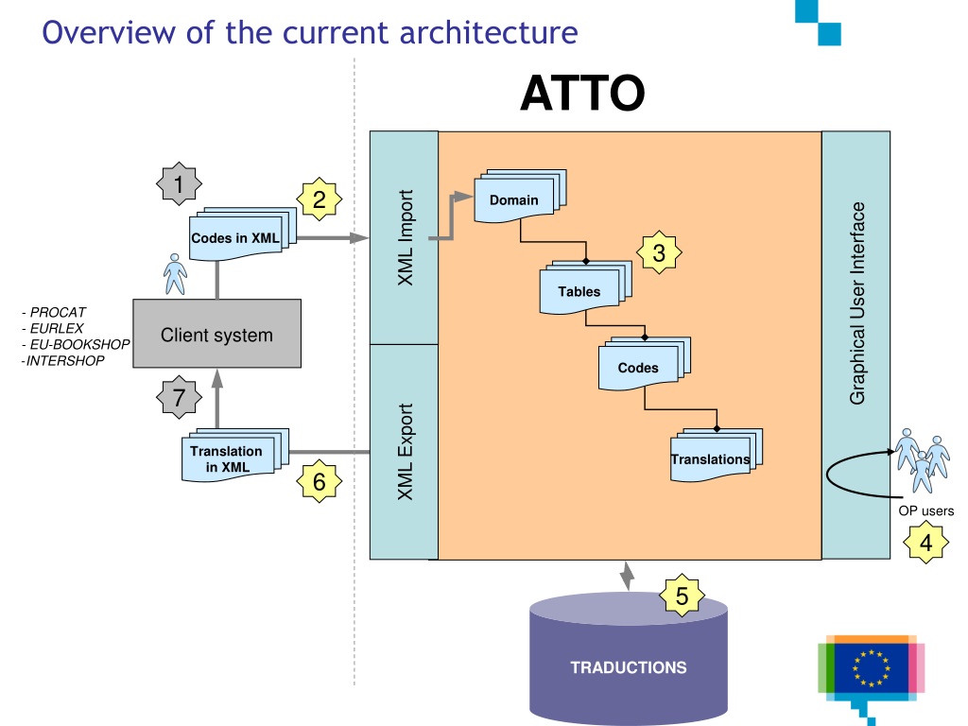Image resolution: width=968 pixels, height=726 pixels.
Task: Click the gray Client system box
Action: [x=216, y=334]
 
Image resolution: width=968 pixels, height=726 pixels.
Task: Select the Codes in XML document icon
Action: [x=242, y=233]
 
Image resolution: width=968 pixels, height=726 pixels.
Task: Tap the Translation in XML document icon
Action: [x=234, y=455]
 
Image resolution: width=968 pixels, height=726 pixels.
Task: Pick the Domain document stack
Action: [x=520, y=196]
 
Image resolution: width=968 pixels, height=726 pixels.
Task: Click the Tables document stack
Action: [x=585, y=287]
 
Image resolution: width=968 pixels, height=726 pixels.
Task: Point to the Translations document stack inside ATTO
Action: [x=717, y=455]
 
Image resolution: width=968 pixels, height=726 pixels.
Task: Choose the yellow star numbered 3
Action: [x=659, y=252]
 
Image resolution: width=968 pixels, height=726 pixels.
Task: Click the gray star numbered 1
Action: [x=179, y=184]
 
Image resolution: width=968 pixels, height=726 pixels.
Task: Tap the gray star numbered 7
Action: [x=179, y=397]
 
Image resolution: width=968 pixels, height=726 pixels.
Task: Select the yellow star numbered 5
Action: [x=682, y=596]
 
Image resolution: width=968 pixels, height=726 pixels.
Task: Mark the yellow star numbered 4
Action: [x=925, y=542]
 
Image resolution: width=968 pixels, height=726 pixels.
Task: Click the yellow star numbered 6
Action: [x=320, y=481]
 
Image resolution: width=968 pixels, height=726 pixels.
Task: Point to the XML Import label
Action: [x=405, y=237]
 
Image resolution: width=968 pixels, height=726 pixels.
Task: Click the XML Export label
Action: [x=405, y=451]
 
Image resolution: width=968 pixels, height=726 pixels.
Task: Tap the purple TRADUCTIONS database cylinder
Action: [x=629, y=658]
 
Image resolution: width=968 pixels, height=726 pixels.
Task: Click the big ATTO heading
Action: [x=582, y=94]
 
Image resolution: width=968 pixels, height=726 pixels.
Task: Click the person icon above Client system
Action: [x=175, y=274]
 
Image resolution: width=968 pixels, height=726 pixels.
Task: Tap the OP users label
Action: [x=926, y=510]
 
